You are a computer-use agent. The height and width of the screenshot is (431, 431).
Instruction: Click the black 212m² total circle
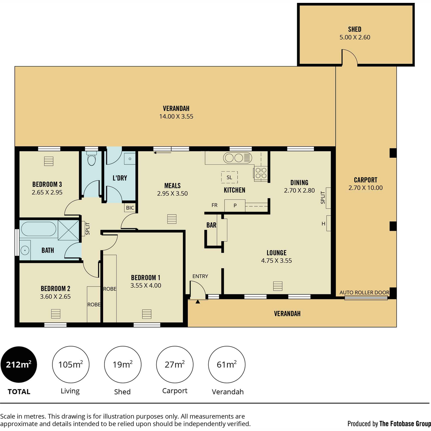coord(19,364)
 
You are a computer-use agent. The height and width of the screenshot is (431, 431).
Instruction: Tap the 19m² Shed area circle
coord(122,364)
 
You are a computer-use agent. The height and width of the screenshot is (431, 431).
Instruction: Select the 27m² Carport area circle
coord(175,364)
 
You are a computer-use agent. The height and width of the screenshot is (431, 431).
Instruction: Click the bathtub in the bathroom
coord(38,229)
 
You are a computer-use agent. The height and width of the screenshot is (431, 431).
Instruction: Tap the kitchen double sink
coord(237,158)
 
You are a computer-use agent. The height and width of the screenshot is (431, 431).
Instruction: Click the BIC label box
coord(130,208)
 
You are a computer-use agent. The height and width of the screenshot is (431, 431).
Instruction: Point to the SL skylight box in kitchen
coord(229,177)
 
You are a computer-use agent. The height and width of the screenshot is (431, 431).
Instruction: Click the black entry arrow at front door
coord(198,302)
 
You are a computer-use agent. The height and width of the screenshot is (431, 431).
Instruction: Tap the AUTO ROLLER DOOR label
coord(364,292)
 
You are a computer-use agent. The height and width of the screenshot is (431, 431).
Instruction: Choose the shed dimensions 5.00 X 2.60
coord(355,37)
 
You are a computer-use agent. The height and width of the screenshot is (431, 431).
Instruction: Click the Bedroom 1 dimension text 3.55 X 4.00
coord(145,286)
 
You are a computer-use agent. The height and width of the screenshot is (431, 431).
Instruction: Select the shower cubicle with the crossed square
coord(69,230)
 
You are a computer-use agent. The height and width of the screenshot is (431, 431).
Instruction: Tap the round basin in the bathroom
coord(25,250)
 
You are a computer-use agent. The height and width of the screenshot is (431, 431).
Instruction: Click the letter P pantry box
coord(235,205)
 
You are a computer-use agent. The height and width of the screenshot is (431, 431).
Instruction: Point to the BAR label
coord(211,225)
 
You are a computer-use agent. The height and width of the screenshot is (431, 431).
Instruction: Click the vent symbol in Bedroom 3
coord(48,161)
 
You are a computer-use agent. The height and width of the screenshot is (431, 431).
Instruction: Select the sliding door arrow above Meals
coord(163,153)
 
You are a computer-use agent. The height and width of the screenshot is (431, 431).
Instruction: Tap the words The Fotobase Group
coord(405,424)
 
